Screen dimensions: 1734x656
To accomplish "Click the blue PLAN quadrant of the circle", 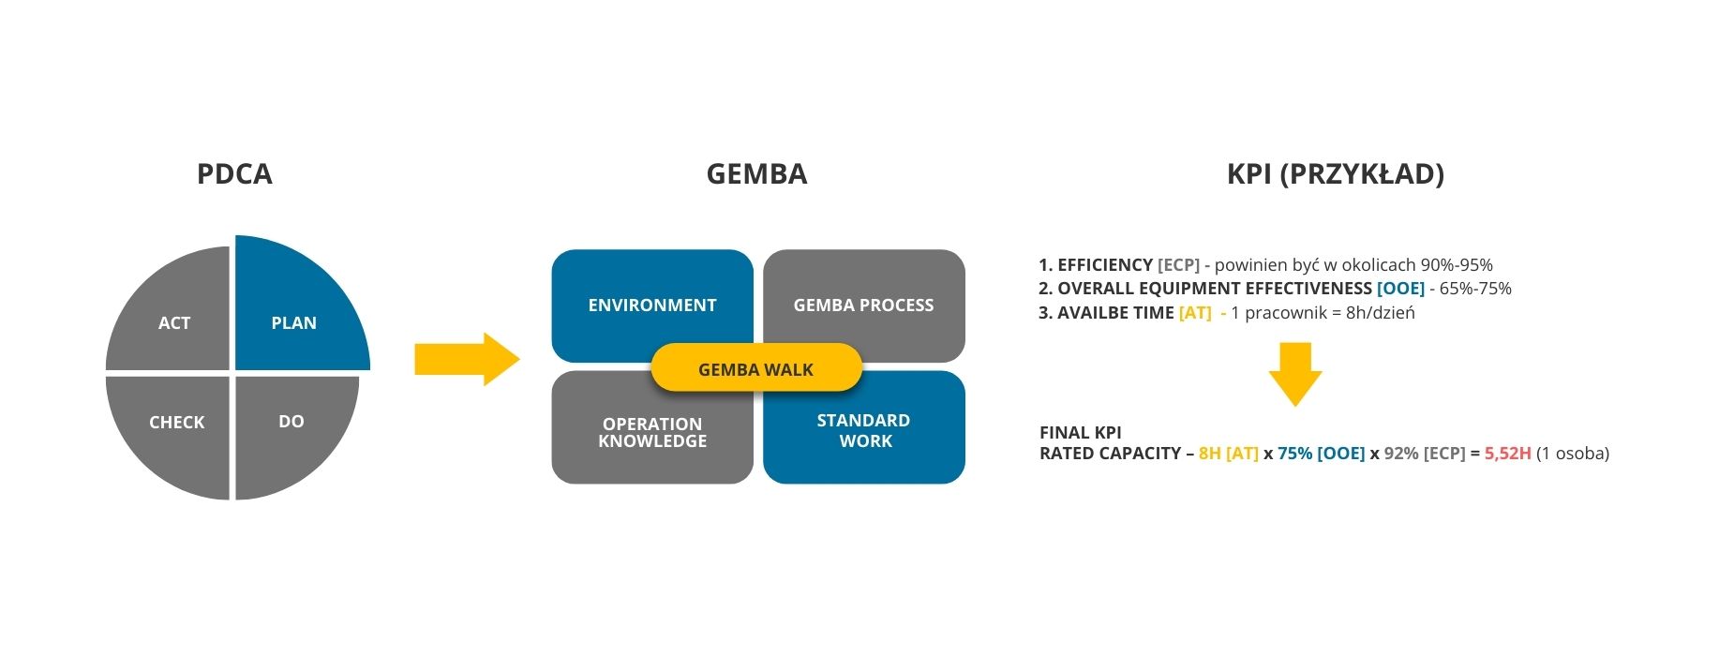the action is pyautogui.click(x=294, y=309).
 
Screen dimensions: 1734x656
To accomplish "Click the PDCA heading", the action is pyautogui.click(x=234, y=174).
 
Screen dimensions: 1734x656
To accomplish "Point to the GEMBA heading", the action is pyautogui.click(x=756, y=174).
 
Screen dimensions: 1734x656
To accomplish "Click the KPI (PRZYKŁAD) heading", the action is pyautogui.click(x=1336, y=174).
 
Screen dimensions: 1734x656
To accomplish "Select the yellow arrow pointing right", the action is pyautogui.click(x=467, y=359).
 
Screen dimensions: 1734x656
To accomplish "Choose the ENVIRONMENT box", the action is pyautogui.click(x=652, y=300).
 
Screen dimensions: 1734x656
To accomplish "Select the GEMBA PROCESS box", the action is pyautogui.click(x=864, y=300).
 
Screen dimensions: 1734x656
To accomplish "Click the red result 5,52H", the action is pyautogui.click(x=1508, y=454).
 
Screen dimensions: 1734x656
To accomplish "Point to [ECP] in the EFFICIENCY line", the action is pyautogui.click(x=1179, y=265).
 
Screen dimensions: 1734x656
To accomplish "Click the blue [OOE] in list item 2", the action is pyautogui.click(x=1400, y=289).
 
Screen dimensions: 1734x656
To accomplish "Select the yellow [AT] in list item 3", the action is pyautogui.click(x=1195, y=313).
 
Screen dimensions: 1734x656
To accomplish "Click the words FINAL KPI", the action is pyautogui.click(x=1081, y=433).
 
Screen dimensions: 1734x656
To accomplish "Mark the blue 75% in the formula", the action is pyautogui.click(x=1294, y=454).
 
